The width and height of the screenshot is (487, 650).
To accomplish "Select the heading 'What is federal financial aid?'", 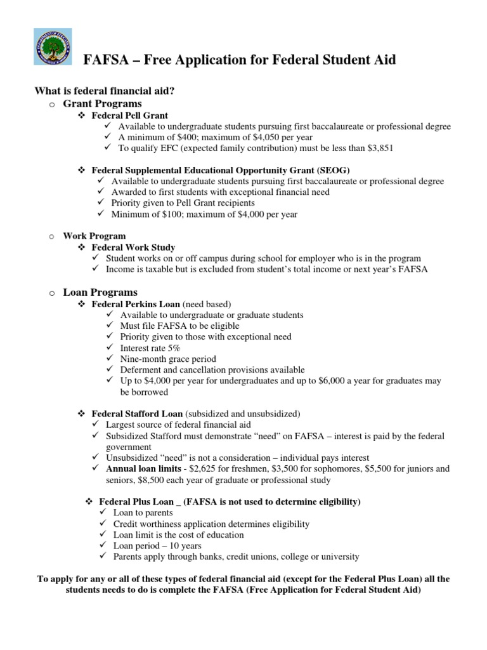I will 104,91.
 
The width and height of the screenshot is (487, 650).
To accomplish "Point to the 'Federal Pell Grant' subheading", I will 129,116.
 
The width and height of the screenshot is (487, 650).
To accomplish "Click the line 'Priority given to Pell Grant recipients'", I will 183,203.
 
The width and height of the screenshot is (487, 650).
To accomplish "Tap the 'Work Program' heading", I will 94,236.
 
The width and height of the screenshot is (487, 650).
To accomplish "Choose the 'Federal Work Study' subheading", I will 133,247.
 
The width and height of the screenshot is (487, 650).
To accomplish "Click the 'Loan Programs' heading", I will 100,293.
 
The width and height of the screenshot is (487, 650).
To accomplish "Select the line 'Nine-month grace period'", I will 168,359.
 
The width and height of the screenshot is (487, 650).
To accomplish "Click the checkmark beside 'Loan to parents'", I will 105,512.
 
